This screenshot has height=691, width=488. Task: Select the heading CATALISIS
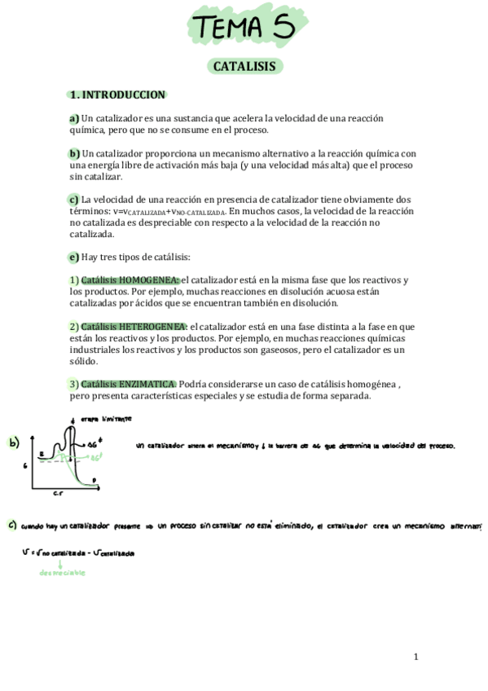tap(244, 66)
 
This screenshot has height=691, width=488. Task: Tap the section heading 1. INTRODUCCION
tap(117, 95)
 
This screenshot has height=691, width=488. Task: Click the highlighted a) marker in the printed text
tap(74, 118)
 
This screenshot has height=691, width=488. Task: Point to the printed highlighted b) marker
tap(74, 153)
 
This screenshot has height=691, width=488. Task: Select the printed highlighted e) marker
tap(74, 257)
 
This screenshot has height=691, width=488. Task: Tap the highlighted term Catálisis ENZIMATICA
tap(129, 384)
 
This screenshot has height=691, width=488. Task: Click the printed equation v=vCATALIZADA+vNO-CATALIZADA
tap(171, 211)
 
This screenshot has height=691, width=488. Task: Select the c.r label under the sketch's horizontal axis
tap(59, 494)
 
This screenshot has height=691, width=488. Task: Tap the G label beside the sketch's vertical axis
tap(25, 465)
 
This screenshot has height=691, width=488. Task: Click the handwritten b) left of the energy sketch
tap(14, 443)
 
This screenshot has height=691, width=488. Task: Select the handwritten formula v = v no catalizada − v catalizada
tap(78, 552)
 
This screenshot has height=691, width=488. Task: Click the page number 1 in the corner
tap(415, 657)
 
